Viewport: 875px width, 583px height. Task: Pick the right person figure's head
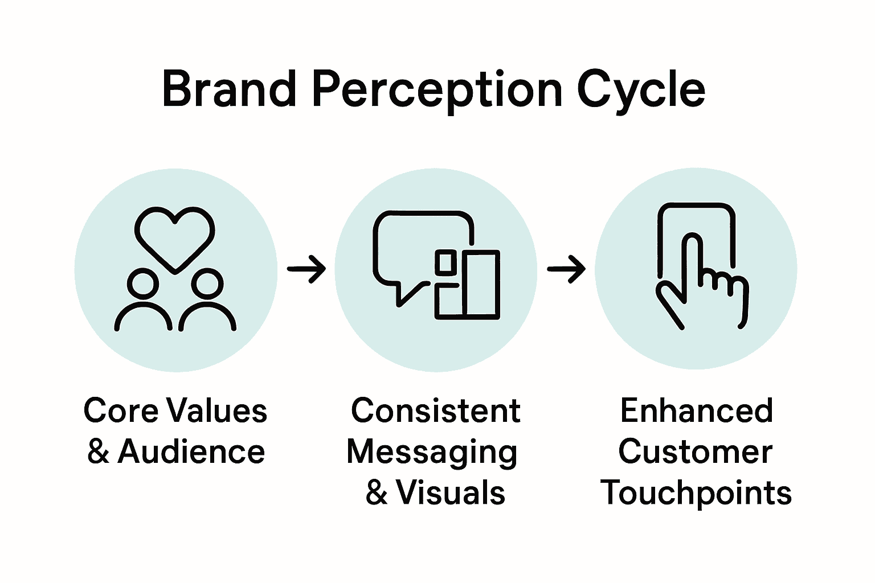[x=207, y=284]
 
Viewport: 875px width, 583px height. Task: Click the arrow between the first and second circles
[x=306, y=268]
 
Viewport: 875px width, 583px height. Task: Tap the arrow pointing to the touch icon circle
[x=566, y=268]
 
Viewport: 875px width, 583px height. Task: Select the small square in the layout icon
[x=445, y=262]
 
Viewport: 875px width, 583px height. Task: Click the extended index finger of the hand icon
[x=692, y=256]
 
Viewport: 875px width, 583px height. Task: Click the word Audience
[x=191, y=452]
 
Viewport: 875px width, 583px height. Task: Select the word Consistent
[x=436, y=410]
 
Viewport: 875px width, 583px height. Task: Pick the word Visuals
[x=450, y=492]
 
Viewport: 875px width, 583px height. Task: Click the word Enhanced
[x=696, y=410]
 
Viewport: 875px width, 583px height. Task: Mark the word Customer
[x=695, y=452]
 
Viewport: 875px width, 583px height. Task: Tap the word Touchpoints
[x=696, y=494]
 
